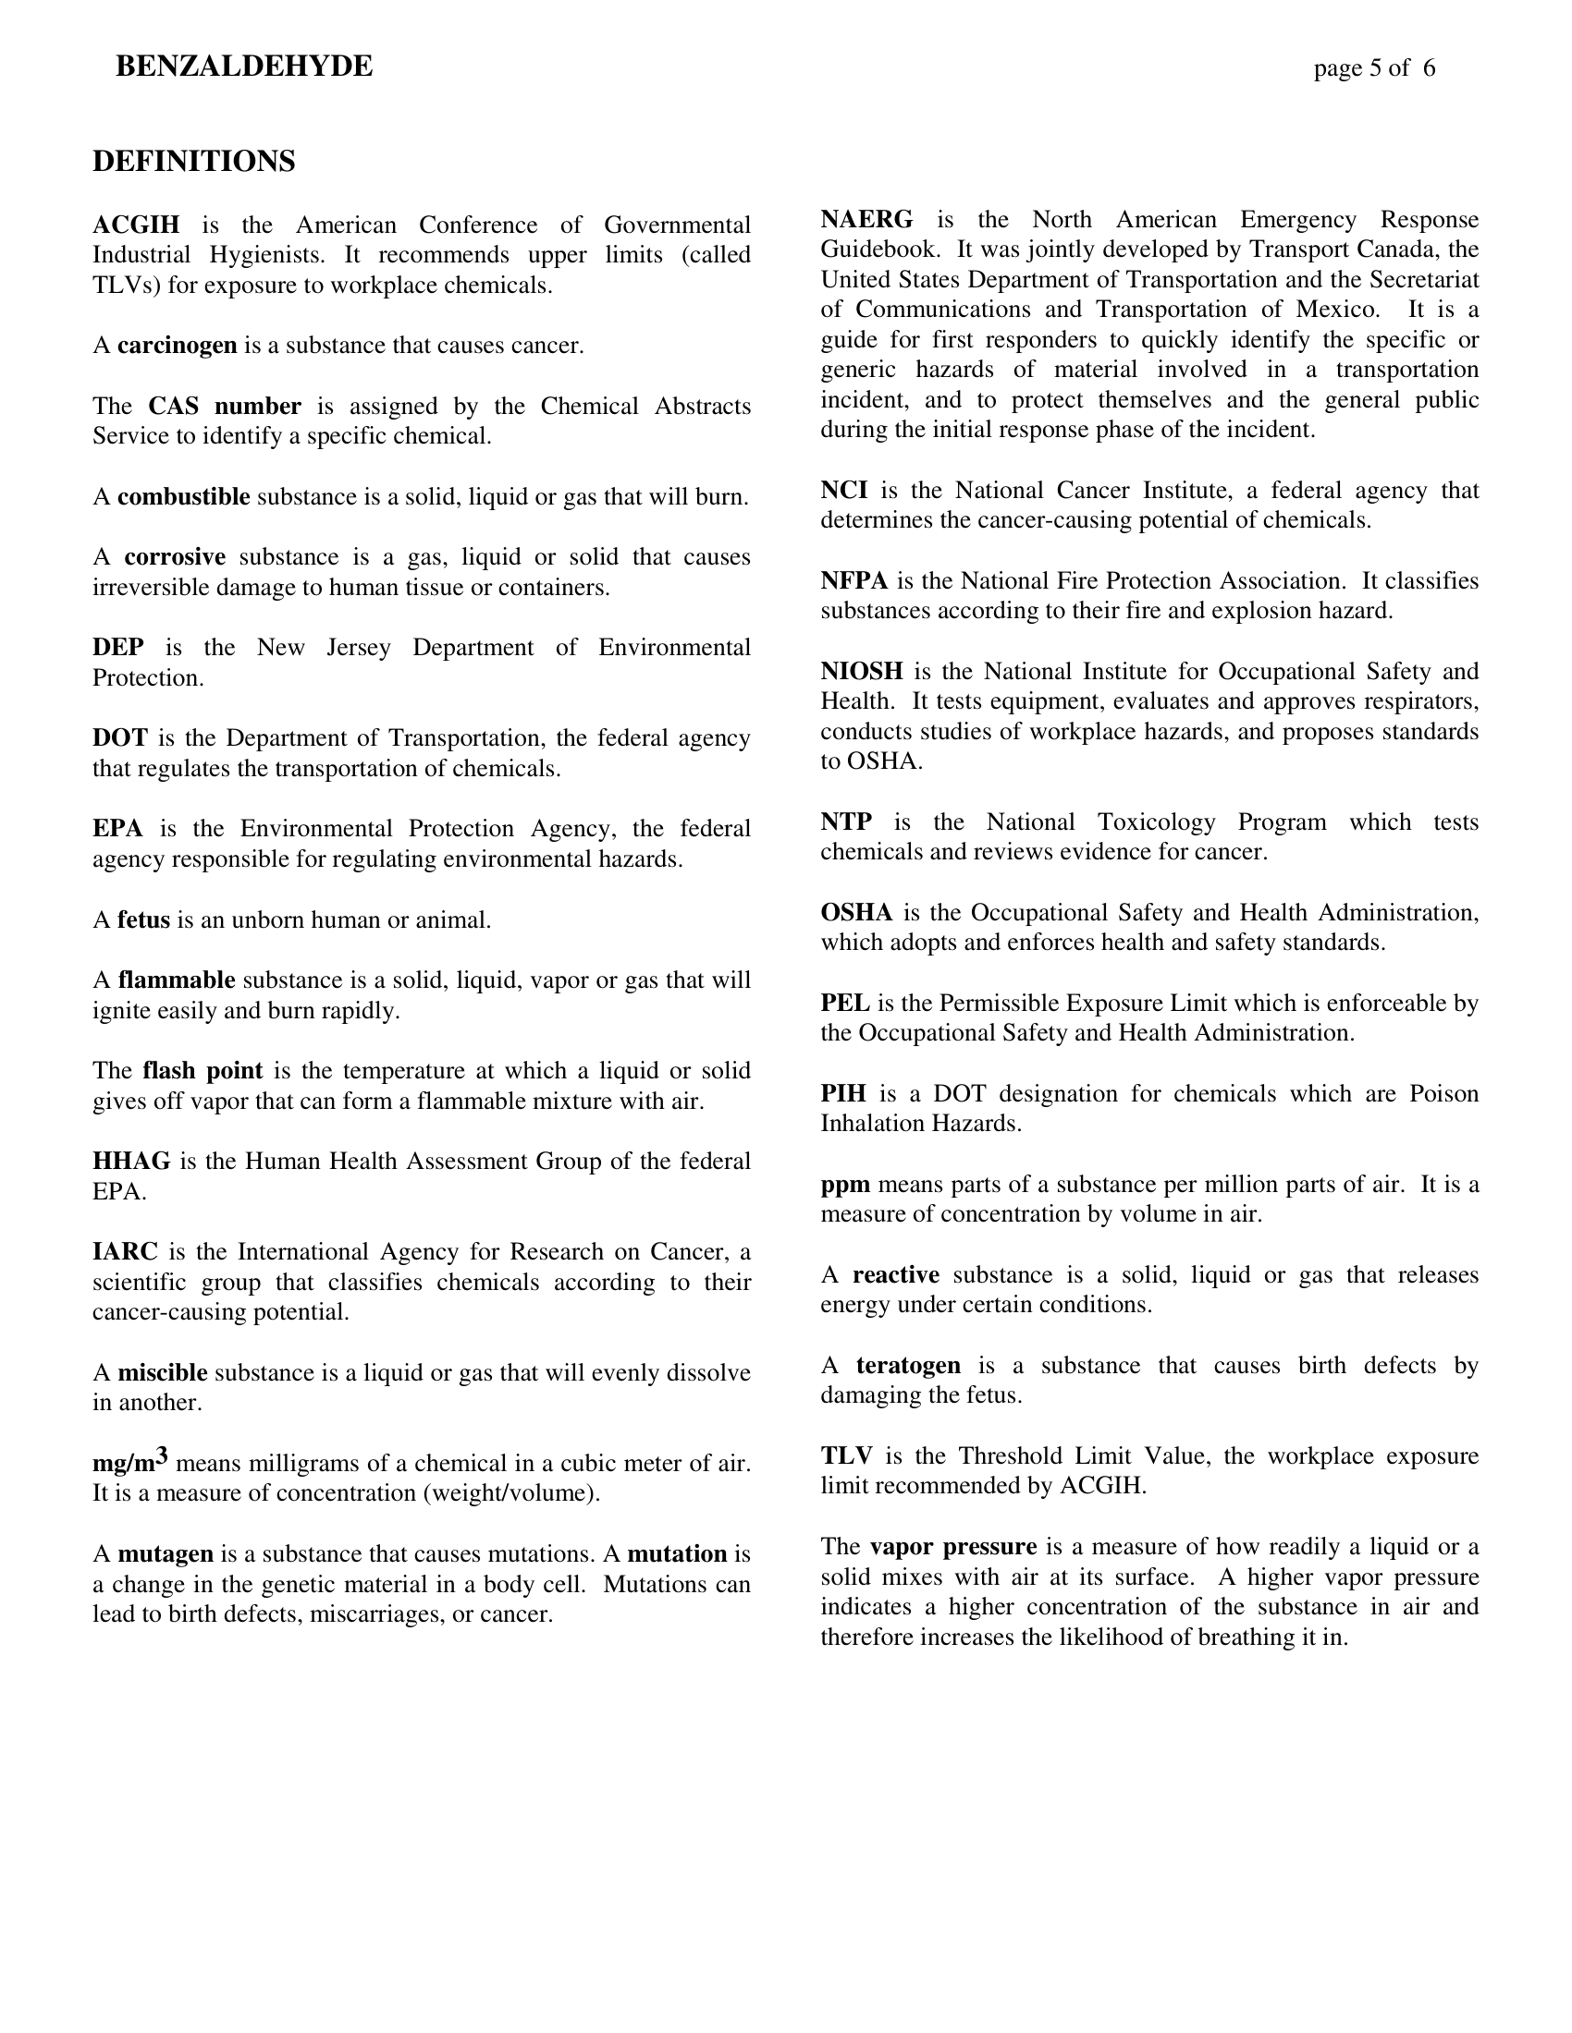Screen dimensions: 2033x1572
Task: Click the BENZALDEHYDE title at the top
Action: (244, 67)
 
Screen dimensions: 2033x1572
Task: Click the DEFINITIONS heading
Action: (193, 162)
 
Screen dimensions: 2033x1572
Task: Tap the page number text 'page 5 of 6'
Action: (1373, 68)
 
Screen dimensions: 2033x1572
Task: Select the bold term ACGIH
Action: (136, 225)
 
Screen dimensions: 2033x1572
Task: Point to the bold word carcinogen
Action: (177, 347)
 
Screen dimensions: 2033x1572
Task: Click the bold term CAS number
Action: (225, 407)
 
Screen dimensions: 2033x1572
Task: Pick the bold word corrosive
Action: (175, 557)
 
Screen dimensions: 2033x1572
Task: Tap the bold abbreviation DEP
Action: (118, 648)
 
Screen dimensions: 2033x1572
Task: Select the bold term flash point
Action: (203, 1070)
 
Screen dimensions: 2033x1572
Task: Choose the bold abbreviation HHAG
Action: (131, 1161)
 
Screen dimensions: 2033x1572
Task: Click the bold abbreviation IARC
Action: (125, 1251)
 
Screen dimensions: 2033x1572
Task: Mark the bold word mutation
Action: (677, 1553)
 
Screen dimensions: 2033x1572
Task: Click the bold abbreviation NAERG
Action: (866, 220)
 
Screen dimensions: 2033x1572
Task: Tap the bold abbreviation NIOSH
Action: (862, 671)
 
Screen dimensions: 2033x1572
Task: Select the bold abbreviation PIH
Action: (843, 1094)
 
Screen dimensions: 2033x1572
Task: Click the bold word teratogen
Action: (908, 1366)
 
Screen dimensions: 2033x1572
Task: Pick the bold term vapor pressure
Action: (952, 1546)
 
